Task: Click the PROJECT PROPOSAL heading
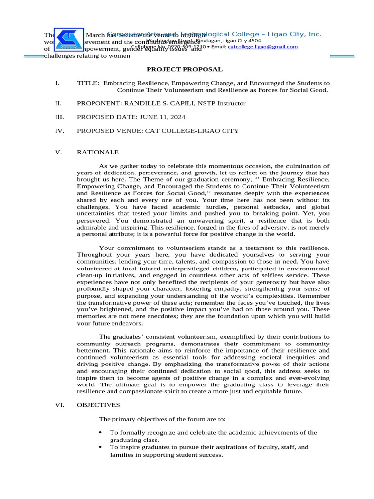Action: [185, 70]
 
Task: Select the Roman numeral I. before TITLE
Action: [57, 83]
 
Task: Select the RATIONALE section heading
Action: [97, 153]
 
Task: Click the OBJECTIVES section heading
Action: [98, 405]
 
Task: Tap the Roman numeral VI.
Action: [60, 405]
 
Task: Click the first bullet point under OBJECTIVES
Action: [100, 432]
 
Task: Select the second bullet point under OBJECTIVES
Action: [100, 447]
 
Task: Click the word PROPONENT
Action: [99, 103]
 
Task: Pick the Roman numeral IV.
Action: [59, 131]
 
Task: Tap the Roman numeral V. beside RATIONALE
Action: [58, 153]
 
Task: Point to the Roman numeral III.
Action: [59, 117]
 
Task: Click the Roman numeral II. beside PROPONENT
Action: [58, 103]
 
